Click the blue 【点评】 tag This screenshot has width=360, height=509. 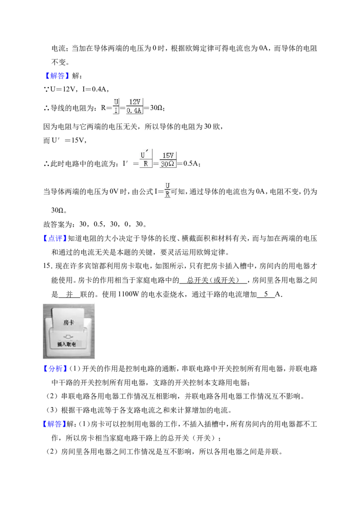pos(55,239)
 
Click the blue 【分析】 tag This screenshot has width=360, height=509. pos(55,369)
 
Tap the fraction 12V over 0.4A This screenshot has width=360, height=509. pos(135,106)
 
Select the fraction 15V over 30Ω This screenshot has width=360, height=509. pos(168,160)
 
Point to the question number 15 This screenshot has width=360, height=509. pos(47,266)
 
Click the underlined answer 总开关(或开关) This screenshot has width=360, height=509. pos(213,280)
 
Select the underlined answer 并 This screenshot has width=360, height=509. pos(69,295)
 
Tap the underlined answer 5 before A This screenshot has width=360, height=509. pos(266,295)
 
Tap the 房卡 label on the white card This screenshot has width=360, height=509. pos(68,322)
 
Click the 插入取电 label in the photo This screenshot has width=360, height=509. pos(66,344)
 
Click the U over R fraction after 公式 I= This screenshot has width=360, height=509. pos(167,190)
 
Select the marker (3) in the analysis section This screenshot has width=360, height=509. pos(52,411)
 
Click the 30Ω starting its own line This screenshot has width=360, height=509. pos(58,210)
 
